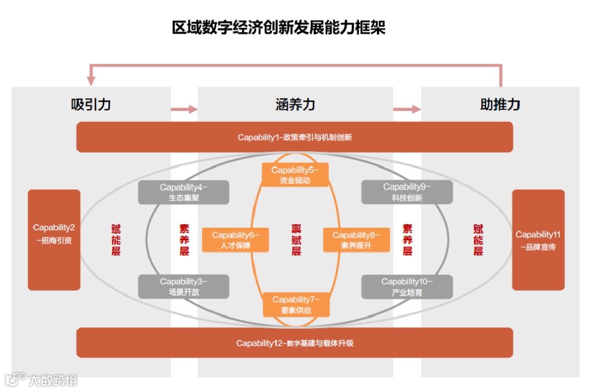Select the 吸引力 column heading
point(91,104)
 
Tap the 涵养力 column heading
point(295,104)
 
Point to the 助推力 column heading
point(500,104)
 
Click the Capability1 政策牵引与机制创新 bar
point(295,137)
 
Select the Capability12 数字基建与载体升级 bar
point(295,343)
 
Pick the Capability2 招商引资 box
point(54,240)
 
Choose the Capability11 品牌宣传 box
point(538,240)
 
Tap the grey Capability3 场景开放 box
point(184,287)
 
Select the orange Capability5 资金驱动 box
point(295,175)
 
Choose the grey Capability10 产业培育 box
point(407,287)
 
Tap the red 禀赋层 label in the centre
point(296,240)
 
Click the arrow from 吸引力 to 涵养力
point(184,109)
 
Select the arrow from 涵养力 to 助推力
point(407,109)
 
